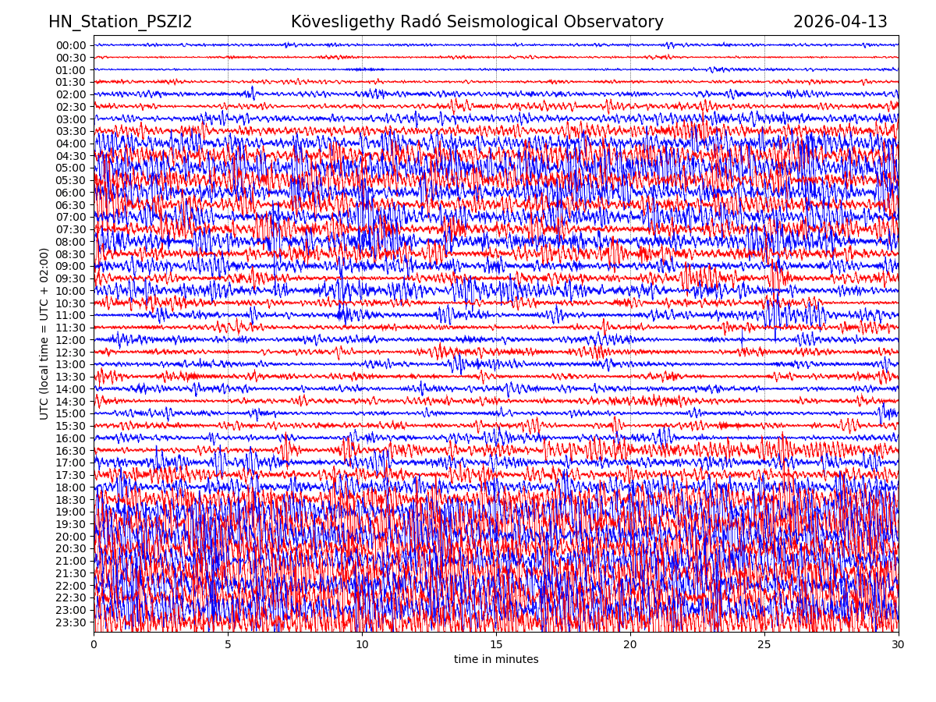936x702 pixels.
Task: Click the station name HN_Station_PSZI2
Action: (x=120, y=23)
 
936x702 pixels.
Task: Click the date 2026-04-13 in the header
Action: (x=840, y=23)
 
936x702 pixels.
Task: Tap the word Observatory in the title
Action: (x=621, y=23)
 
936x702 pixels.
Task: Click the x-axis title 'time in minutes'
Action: (x=496, y=660)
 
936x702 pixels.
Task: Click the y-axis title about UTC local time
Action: (x=44, y=334)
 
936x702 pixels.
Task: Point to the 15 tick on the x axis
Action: (x=496, y=645)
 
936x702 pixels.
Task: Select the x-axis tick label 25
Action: (x=764, y=645)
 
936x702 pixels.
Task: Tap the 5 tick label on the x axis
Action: (x=228, y=645)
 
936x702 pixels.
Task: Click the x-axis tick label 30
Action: (x=899, y=645)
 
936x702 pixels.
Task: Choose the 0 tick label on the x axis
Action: (x=94, y=645)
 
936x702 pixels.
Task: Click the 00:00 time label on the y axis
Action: (x=71, y=45)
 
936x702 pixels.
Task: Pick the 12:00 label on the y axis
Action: (x=71, y=340)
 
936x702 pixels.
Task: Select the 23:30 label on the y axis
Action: (x=71, y=622)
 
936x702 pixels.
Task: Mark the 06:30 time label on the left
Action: (x=71, y=205)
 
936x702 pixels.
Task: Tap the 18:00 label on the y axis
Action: (x=71, y=487)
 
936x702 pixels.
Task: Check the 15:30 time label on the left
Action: (x=71, y=426)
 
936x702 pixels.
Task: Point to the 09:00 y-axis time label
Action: (x=71, y=266)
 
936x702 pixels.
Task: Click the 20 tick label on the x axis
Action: (x=630, y=645)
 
